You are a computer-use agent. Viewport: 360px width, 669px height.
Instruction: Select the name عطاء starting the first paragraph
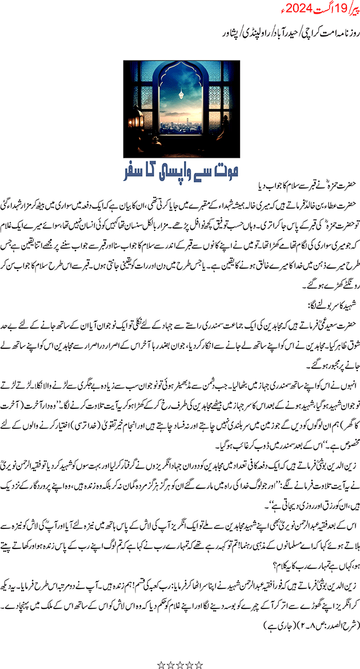tap(328, 200)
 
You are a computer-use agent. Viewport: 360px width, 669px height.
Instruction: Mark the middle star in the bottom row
tap(180, 649)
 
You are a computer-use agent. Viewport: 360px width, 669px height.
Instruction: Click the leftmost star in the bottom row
tap(162, 649)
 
